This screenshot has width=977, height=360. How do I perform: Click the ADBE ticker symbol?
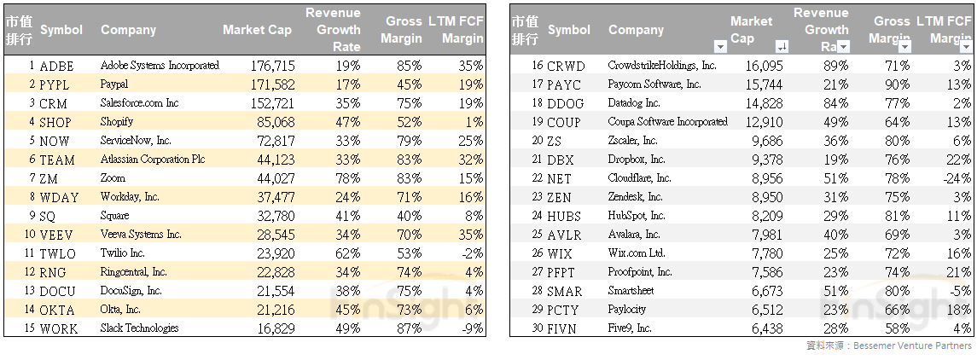tap(56, 66)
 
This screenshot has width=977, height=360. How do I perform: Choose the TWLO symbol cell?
tap(57, 253)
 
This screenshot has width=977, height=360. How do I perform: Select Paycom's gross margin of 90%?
tap(896, 84)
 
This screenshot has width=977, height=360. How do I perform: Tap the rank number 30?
tap(537, 328)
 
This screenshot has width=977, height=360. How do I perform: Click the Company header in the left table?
tap(128, 30)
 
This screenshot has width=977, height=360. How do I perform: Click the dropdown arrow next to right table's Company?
tap(720, 47)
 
